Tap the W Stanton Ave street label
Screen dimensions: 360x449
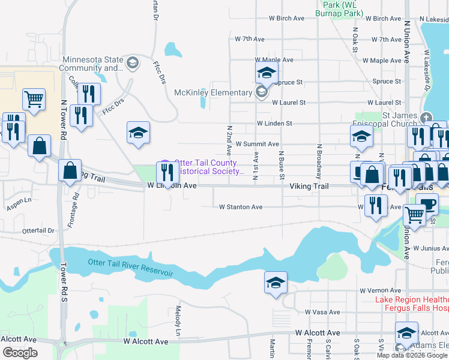point(241,207)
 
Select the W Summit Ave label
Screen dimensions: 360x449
point(257,144)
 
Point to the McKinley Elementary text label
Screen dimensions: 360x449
point(213,92)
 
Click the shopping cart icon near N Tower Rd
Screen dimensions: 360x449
point(34,99)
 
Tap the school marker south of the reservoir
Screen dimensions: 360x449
point(276,283)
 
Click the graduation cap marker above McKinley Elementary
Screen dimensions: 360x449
point(266,74)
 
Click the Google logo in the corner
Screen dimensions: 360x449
point(20,353)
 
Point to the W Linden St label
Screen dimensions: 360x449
point(274,124)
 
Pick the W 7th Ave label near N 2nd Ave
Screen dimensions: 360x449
point(250,39)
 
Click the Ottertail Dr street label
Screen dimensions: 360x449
point(38,230)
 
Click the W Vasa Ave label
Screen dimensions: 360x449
point(322,312)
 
